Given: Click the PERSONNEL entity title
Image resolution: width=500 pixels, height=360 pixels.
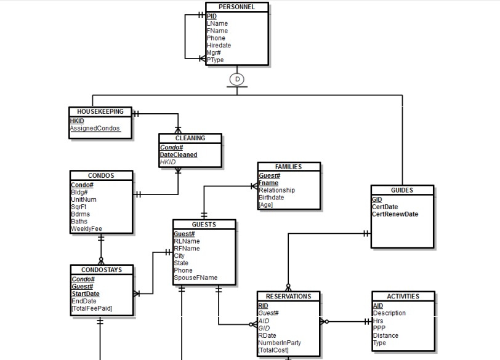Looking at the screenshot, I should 236,7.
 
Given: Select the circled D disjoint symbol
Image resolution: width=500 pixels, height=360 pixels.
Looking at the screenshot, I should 236,79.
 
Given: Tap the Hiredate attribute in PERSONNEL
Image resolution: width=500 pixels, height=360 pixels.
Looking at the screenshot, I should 219,46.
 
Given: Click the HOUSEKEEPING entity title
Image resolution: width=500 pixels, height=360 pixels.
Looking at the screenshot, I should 100,112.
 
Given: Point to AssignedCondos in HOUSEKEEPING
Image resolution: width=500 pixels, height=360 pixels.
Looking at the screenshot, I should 95,129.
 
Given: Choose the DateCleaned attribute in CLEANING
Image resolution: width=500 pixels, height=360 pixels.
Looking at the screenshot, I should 179,155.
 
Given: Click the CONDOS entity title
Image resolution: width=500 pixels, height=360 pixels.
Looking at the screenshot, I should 101,176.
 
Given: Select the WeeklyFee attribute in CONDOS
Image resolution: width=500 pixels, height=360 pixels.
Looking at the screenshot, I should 86,229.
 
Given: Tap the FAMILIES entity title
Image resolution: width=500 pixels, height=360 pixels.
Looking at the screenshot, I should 288,167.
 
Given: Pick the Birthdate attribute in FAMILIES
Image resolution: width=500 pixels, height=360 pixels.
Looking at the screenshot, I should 272,198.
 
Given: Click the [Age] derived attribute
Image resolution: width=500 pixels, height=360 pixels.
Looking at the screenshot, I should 265,205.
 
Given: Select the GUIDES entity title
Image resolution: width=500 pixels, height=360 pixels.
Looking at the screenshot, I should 402,190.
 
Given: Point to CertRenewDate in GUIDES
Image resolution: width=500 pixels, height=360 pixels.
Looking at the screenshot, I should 395,214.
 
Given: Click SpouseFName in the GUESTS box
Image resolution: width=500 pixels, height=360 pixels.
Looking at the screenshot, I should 195,278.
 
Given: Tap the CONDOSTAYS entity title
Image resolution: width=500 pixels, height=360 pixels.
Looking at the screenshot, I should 102,270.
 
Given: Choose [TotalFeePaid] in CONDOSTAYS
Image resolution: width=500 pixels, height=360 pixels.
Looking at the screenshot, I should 92,308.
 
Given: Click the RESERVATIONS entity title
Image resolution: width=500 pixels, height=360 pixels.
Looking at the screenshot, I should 288,297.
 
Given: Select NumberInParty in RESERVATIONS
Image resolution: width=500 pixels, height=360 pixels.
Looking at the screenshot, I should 280,343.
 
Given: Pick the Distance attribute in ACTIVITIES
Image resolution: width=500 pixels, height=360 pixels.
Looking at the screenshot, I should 385,335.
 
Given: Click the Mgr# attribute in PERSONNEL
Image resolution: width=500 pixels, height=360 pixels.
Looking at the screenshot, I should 214,53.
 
